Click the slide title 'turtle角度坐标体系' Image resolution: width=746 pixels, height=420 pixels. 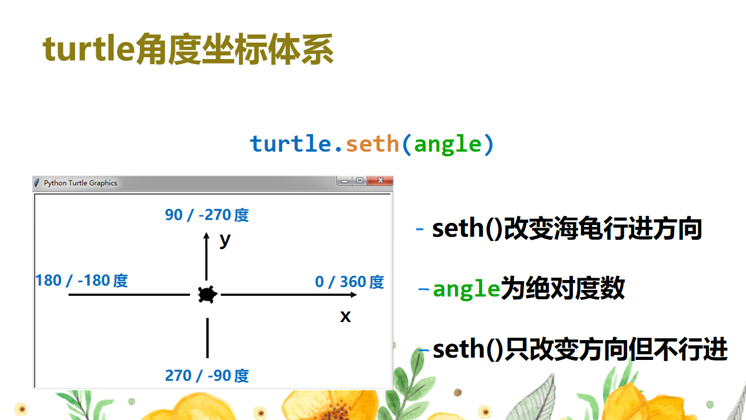pyautogui.click(x=188, y=49)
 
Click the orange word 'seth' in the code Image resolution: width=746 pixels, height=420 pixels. pyautogui.click(x=372, y=143)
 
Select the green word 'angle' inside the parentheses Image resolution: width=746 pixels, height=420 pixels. pyautogui.click(x=448, y=143)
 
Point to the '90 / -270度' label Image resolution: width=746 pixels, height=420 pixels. pyautogui.click(x=207, y=215)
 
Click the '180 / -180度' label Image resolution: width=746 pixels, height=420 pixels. pyautogui.click(x=82, y=281)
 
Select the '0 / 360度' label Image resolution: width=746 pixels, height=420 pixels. pyautogui.click(x=349, y=282)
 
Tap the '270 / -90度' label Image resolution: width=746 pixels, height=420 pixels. pyautogui.click(x=207, y=376)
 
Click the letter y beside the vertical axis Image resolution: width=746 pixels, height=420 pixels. pyautogui.click(x=225, y=239)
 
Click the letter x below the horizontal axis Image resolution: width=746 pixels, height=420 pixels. pyautogui.click(x=346, y=316)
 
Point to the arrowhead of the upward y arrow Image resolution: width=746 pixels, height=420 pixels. pyautogui.click(x=206, y=235)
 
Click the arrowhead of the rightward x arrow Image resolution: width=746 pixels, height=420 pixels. pyautogui.click(x=354, y=295)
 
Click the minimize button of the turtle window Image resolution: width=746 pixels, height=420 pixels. pyautogui.click(x=345, y=181)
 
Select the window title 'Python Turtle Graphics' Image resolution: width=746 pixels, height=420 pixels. pyautogui.click(x=80, y=183)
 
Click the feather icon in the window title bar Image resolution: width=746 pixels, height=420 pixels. pyautogui.click(x=38, y=183)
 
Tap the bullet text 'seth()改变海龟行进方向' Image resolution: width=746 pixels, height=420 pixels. pyautogui.click(x=566, y=229)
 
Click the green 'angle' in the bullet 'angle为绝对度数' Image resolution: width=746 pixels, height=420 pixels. pyautogui.click(x=466, y=289)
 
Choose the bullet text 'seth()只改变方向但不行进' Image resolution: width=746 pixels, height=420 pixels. pyautogui.click(x=580, y=349)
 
